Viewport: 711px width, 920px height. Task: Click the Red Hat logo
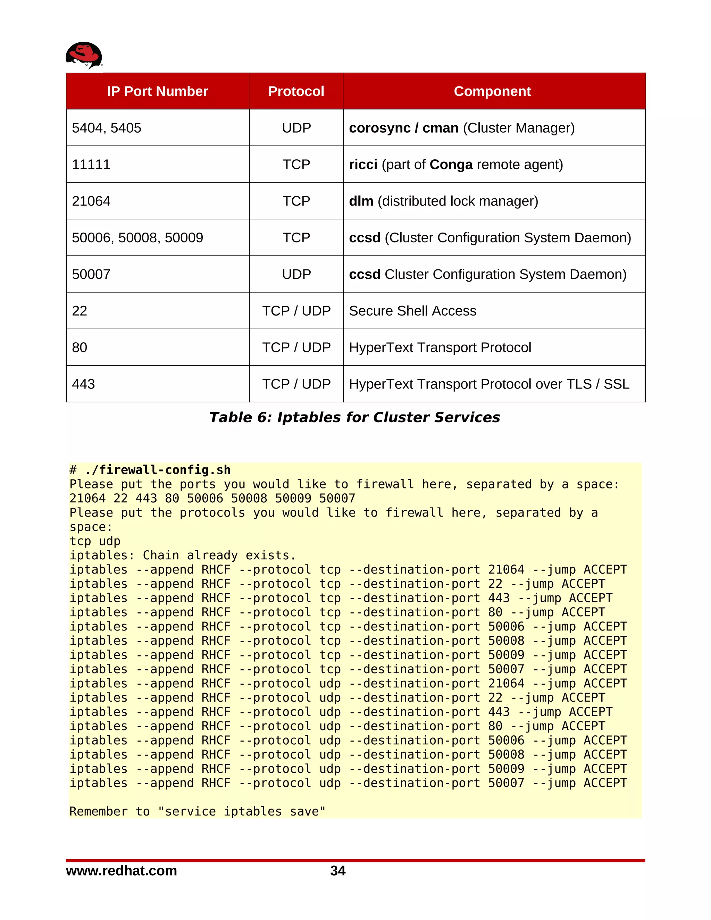[x=84, y=55]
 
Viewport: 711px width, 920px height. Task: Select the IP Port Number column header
[x=157, y=91]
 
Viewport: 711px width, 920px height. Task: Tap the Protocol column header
[x=296, y=91]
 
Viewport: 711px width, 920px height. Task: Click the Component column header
[x=492, y=91]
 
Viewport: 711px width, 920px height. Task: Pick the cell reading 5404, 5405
[x=107, y=128]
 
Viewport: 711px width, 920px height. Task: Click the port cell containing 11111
[x=91, y=164]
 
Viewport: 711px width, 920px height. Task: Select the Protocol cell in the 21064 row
[x=296, y=201]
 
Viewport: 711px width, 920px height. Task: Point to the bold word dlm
[x=361, y=201]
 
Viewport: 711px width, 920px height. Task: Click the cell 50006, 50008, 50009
[x=137, y=237]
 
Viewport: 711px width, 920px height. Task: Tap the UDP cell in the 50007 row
[x=296, y=274]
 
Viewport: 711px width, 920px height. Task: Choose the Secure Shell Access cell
[x=412, y=311]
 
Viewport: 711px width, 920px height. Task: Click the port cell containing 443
[x=83, y=384]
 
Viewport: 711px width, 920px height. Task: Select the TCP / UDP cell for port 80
[x=296, y=348]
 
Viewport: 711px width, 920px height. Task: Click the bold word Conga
[x=451, y=164]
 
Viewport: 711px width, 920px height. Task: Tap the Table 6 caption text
[x=355, y=417]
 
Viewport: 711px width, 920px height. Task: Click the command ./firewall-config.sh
[x=158, y=470]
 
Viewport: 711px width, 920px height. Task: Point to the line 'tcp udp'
[x=95, y=541]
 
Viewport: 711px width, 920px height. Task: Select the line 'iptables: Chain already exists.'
[x=183, y=555]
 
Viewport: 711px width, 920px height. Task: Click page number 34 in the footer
[x=338, y=870]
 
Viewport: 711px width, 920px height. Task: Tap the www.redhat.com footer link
[x=121, y=870]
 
